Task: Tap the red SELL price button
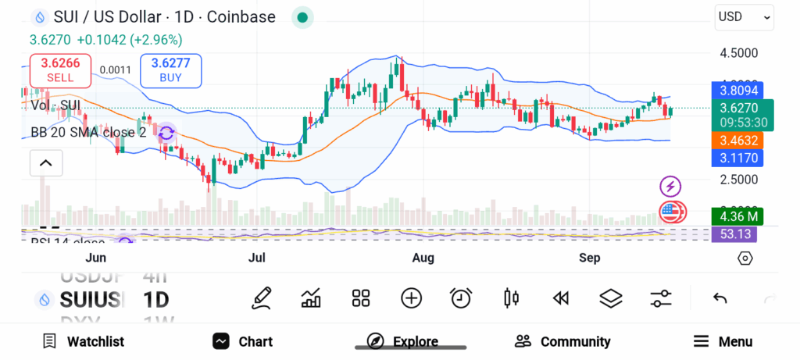[60, 70]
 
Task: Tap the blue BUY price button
[170, 70]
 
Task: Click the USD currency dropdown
[744, 16]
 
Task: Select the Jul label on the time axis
[256, 258]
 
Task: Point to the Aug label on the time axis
[423, 258]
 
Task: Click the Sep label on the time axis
[590, 258]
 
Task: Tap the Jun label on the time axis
[95, 258]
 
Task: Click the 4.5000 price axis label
[738, 53]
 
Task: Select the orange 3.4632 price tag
[738, 141]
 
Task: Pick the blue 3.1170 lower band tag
[738, 159]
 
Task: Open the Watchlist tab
[83, 341]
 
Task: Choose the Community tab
[562, 341]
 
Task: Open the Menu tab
[723, 341]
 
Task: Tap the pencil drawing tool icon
[262, 298]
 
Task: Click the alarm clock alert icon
[461, 298]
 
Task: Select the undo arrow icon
[720, 298]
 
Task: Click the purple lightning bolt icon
[670, 186]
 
